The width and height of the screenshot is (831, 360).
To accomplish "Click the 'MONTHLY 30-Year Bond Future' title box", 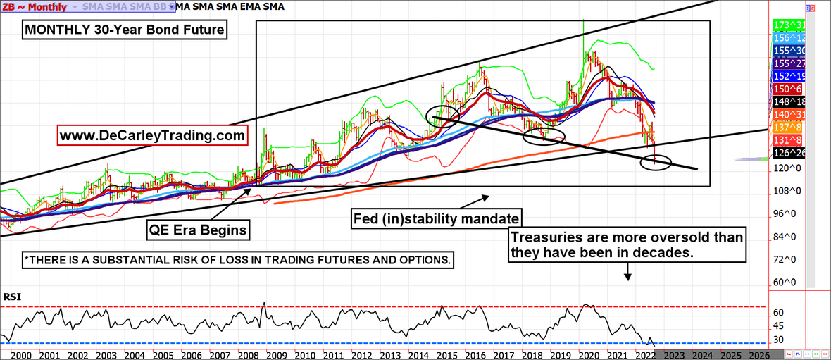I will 125,31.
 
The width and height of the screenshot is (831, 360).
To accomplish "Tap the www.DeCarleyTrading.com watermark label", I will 154,134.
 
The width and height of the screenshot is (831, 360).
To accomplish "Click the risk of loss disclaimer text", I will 237,259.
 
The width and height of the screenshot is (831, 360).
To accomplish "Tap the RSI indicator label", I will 13,297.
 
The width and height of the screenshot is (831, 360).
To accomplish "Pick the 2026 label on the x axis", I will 758,354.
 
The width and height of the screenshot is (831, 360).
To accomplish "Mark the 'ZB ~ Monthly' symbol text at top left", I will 36,7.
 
